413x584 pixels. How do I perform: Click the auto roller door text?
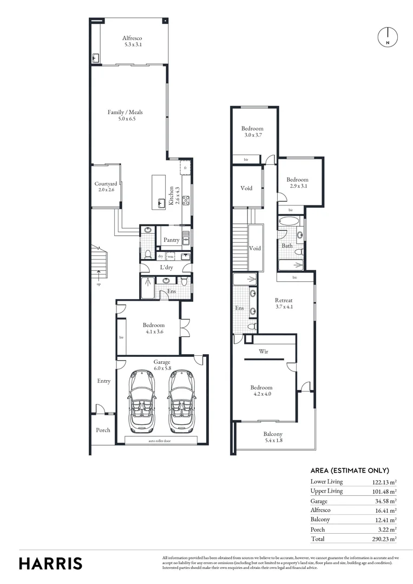[161, 441]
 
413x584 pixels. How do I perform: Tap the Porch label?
[103, 430]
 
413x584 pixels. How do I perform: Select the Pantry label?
[171, 240]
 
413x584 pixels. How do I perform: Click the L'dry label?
[166, 268]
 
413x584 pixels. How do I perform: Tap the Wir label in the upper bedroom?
[264, 351]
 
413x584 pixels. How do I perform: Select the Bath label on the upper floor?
[287, 245]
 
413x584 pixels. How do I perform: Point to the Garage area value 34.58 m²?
[385, 501]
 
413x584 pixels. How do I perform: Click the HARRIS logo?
[51, 563]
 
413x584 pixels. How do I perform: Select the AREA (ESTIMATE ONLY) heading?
[350, 470]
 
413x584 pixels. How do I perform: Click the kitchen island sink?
[161, 203]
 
